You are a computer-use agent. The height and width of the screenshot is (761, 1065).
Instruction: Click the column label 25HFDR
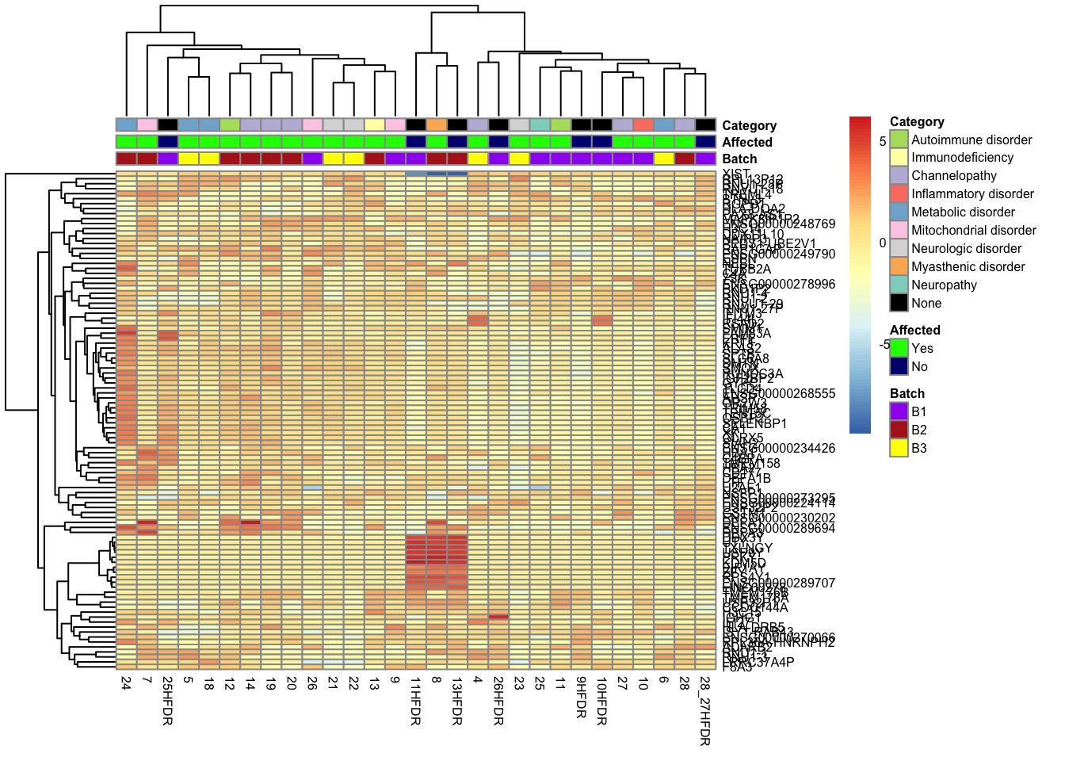point(167,701)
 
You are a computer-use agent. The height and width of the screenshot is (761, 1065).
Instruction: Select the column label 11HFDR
point(415,701)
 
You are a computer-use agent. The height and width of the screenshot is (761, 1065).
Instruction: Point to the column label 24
point(126,683)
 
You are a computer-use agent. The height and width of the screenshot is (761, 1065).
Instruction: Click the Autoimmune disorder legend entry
point(971,140)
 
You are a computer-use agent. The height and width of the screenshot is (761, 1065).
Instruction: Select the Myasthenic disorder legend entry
point(968,266)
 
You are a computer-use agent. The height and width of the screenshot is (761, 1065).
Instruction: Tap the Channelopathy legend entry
point(953,175)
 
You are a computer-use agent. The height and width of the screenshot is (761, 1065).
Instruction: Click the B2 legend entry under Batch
point(918,430)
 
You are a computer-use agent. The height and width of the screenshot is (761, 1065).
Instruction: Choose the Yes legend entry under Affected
point(922,348)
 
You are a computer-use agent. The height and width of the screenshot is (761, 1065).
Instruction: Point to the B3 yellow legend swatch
point(899,448)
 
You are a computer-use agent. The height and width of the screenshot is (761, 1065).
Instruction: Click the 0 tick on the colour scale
point(883,243)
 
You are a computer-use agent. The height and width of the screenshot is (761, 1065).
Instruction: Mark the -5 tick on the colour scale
point(884,344)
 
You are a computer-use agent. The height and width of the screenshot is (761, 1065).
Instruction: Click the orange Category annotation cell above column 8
point(436,124)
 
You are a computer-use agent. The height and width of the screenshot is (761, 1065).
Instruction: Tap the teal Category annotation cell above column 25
point(540,124)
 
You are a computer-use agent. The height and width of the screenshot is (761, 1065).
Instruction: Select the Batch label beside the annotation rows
point(739,159)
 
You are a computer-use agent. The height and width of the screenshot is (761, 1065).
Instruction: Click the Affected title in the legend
point(914,330)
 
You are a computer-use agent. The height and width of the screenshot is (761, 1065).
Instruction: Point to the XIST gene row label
point(736,174)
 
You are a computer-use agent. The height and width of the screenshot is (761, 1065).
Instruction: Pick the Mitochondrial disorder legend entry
point(974,230)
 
